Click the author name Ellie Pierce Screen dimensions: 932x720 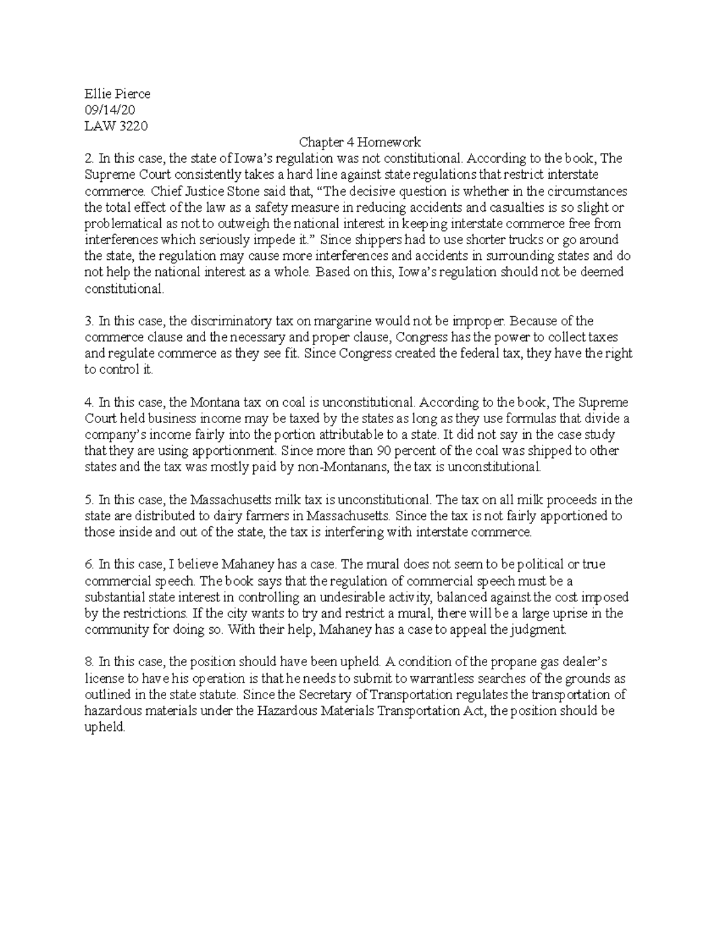[117, 94]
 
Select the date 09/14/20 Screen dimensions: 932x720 [110, 110]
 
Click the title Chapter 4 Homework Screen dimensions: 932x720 [360, 142]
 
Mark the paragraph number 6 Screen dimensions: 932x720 [89, 565]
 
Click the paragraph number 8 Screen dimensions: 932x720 [89, 663]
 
